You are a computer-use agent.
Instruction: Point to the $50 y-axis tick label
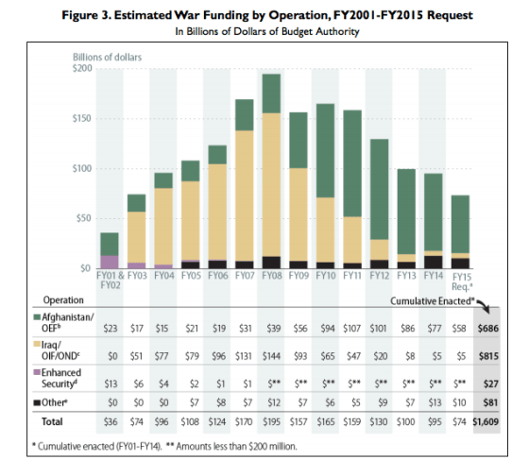tap(85, 218)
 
